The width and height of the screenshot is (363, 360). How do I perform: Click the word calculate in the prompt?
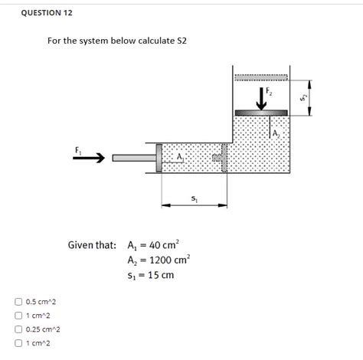coord(142,41)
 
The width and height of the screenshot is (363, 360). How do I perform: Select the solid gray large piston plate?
coord(261,113)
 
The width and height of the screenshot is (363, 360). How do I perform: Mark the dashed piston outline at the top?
coord(261,77)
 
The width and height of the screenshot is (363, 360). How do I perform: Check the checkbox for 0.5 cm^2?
coord(17,302)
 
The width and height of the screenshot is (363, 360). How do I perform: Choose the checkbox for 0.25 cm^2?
coord(17,329)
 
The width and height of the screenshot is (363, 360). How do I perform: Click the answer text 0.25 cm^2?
coord(43,329)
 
